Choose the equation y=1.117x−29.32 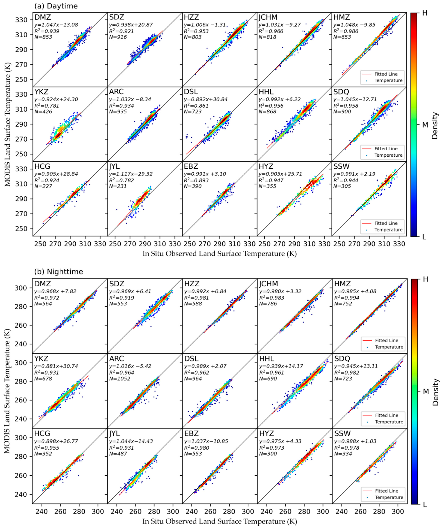(x=131, y=174)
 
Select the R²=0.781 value (x=47, y=106)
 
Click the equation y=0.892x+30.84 (x=206, y=99)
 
